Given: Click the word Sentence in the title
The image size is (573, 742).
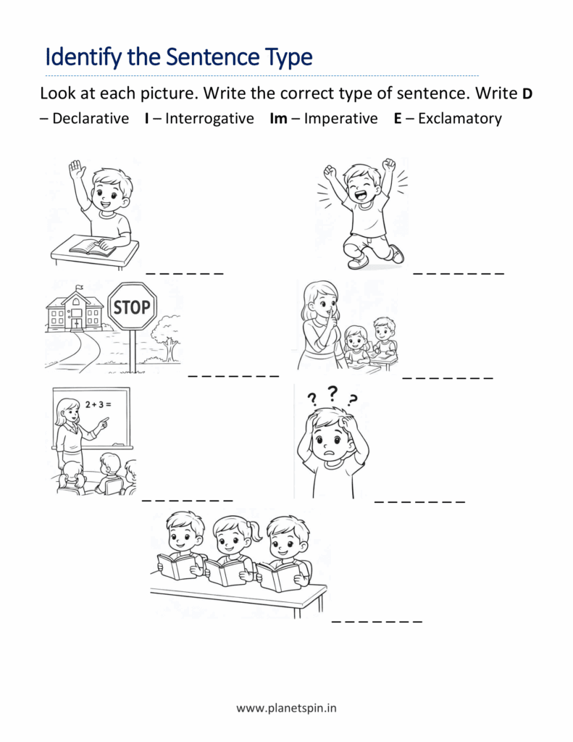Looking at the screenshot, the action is [214, 57].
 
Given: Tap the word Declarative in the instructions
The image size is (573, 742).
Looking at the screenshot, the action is [91, 118].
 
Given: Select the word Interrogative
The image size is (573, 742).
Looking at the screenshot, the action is [209, 118].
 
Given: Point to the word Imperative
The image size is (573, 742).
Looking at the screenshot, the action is [340, 118].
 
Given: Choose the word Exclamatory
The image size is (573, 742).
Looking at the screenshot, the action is [460, 118].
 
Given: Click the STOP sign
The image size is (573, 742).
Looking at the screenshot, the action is [132, 307].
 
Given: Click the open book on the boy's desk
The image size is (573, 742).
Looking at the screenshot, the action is [93, 248].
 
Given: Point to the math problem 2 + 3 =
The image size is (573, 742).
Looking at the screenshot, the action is [98, 404].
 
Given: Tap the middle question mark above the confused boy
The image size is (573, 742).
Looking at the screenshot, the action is [332, 392].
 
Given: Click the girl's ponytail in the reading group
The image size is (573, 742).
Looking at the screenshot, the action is [256, 531].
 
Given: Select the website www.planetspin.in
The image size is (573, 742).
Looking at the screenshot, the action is [286, 708].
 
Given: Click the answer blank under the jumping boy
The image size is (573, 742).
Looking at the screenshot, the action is [459, 273].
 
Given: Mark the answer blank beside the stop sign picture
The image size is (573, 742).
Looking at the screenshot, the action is [234, 376].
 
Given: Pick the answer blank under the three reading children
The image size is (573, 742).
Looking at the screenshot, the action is [377, 621].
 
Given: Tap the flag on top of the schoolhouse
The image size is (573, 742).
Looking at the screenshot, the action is [80, 287].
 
